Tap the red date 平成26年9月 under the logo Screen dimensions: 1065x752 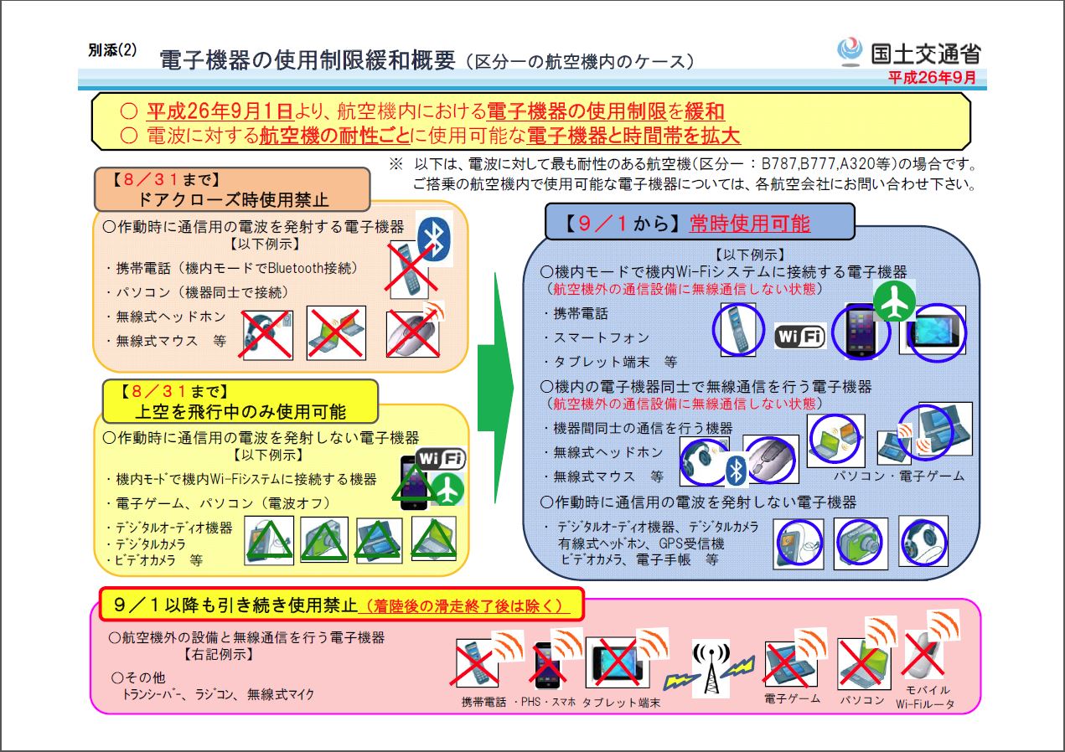click(x=932, y=77)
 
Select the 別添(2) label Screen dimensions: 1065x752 click(x=112, y=50)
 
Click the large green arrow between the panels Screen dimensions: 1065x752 click(x=495, y=388)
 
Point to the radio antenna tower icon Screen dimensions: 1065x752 click(x=711, y=668)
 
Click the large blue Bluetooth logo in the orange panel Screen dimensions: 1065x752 click(x=434, y=239)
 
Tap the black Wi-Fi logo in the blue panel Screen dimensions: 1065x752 click(x=800, y=336)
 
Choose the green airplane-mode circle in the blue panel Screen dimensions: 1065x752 click(x=894, y=301)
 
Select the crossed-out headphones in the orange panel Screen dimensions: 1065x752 click(x=267, y=335)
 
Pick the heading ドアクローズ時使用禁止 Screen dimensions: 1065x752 click(x=233, y=199)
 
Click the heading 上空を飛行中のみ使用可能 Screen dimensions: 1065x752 click(x=240, y=411)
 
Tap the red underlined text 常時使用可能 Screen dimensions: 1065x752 click(x=750, y=223)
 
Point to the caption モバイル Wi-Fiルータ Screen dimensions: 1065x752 click(x=925, y=697)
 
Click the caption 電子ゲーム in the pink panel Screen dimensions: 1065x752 click(x=792, y=698)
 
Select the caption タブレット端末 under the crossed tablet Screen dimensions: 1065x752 click(x=621, y=703)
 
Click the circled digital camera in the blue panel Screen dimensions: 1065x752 click(x=860, y=543)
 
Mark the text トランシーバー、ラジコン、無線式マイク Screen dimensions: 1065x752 click(x=219, y=694)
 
